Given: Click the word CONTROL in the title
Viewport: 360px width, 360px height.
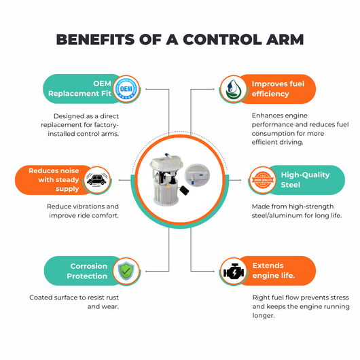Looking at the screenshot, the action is point(222,39).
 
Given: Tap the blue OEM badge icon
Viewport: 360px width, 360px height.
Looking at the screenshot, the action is point(126,89).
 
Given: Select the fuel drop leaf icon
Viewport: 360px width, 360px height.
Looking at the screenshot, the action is point(233,89).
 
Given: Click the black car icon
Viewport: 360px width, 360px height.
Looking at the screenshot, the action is point(97,180).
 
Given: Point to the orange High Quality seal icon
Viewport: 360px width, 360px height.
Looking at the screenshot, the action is point(263,180).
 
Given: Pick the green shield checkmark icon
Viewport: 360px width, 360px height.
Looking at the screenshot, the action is point(126,271).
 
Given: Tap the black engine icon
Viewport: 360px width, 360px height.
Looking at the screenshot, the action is point(233,272).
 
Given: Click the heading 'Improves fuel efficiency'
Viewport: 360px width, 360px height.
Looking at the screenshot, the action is point(278,89).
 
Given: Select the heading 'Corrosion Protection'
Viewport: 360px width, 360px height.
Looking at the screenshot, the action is point(87,271).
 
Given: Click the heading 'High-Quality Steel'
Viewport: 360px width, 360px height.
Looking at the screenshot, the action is point(305,180).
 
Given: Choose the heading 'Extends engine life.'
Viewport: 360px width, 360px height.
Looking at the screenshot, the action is point(274,270).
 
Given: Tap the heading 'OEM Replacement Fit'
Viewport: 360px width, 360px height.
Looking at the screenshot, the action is point(79,88).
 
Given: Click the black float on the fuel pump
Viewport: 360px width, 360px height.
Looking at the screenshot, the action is point(184,190).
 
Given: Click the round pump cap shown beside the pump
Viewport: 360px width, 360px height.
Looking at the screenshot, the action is point(197,175).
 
